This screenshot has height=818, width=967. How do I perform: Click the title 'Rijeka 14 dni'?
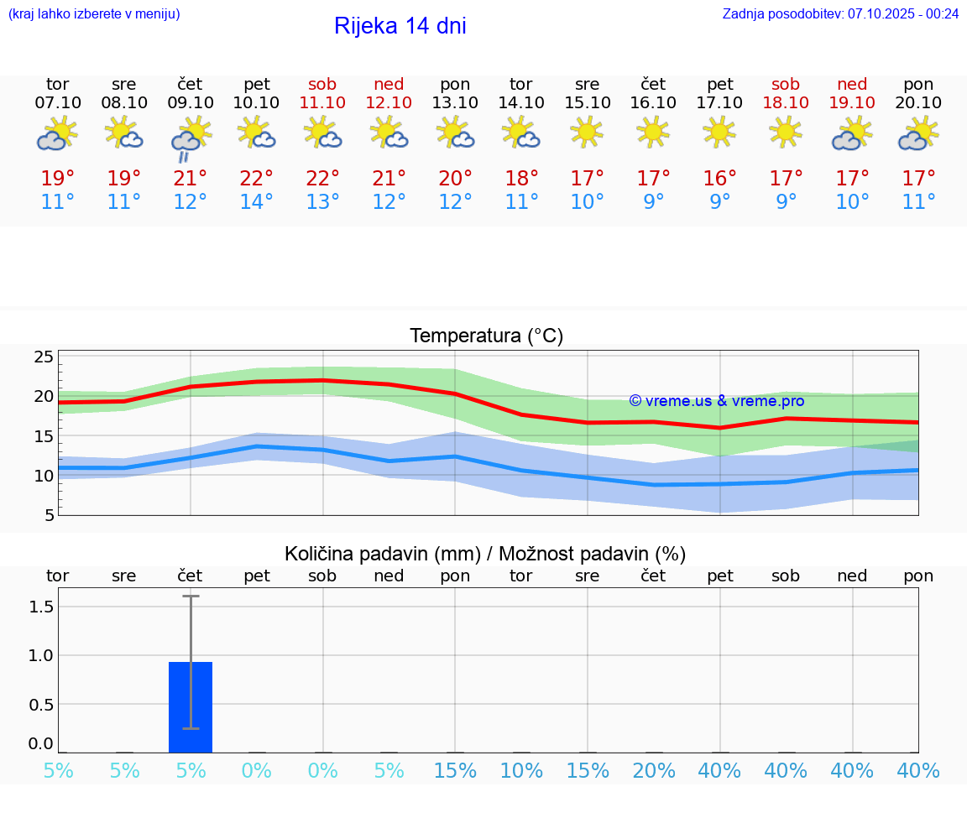pos(400,26)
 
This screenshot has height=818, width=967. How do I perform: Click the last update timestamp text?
pos(840,14)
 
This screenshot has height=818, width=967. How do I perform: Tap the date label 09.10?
pos(190,102)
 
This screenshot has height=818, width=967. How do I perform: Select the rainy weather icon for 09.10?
pos(190,139)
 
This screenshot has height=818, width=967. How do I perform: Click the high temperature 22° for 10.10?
pos(256,178)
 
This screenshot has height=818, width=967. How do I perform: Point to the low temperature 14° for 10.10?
pos(256,202)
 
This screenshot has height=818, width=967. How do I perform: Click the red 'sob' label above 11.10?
pos(322,84)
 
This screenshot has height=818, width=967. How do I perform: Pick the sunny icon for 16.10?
pos(653,132)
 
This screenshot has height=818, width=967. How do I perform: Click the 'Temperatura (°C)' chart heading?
pos(486,336)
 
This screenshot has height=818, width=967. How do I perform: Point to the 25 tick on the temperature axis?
pos(44,357)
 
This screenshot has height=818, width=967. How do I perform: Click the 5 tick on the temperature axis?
pos(49,515)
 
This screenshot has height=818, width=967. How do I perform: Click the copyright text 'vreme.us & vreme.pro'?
pos(716,401)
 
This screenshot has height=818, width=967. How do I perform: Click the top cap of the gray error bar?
pos(191,596)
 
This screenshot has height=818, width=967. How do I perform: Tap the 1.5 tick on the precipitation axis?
pos(42,606)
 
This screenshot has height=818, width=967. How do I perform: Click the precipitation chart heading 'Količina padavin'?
pos(485,554)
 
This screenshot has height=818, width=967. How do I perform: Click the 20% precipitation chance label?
pos(653,771)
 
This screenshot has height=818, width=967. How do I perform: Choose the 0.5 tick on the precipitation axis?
pos(42,704)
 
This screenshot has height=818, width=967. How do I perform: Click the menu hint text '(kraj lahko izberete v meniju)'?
pos(94,14)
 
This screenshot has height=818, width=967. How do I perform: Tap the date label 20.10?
pos(918,102)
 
